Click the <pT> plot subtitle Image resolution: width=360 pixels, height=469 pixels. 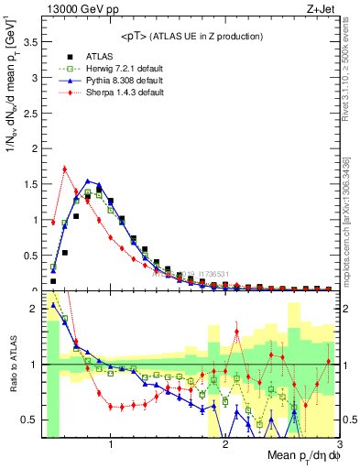(x=191, y=36)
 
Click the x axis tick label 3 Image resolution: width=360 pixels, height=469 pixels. (x=338, y=444)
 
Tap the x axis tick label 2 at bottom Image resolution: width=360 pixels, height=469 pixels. (x=225, y=444)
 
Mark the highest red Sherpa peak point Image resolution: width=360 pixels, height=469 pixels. (x=65, y=169)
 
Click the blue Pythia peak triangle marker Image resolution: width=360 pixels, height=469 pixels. (x=88, y=181)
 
